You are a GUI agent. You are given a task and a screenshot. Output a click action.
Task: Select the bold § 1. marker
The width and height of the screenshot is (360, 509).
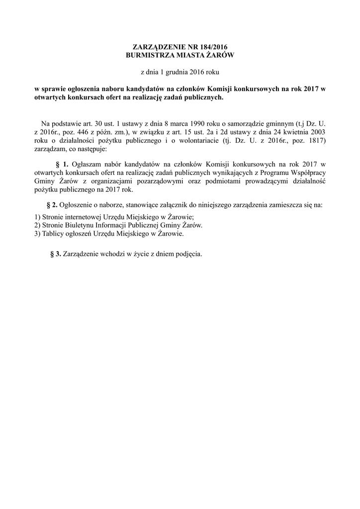[62, 164]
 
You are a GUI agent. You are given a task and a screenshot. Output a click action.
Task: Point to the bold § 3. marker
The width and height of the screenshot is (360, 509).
[56, 254]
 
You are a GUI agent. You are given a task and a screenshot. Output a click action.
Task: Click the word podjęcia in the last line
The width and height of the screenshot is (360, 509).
[186, 254]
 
